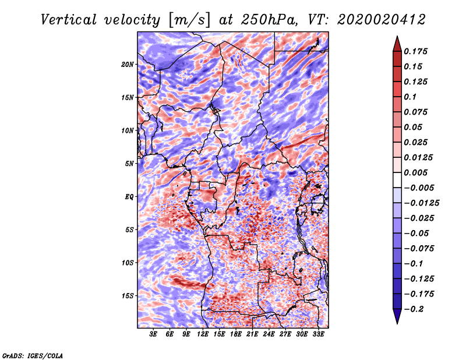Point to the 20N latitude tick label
(128, 64)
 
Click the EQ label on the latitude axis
(129, 197)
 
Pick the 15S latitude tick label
(128, 296)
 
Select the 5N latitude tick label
(129, 164)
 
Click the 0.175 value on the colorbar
(417, 51)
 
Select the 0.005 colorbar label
(417, 172)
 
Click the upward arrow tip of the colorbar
(396, 38)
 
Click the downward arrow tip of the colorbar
(396, 322)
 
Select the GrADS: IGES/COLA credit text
(32, 355)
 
